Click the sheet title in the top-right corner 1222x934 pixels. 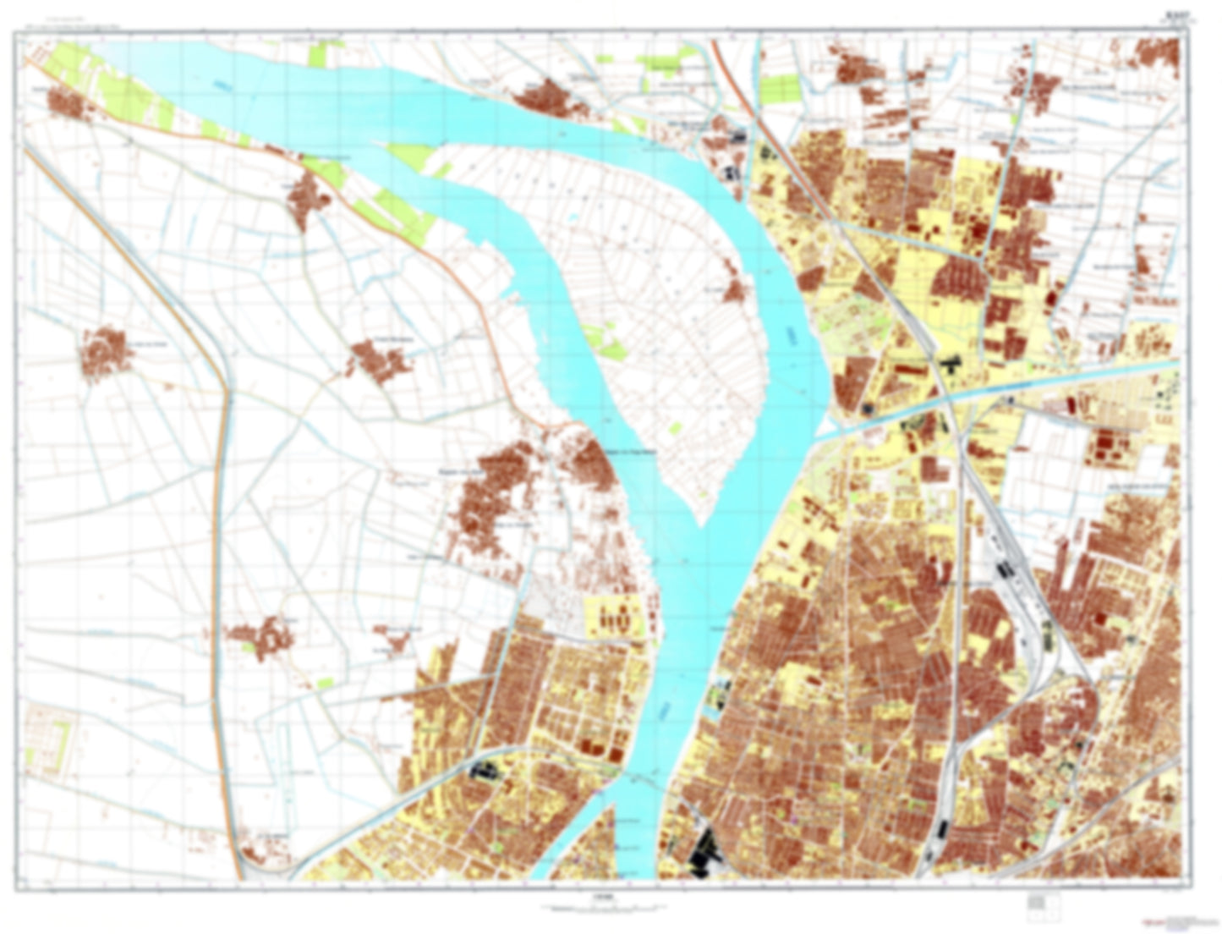[1176, 14]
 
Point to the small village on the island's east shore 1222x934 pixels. [734, 290]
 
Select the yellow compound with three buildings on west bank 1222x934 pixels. [613, 618]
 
